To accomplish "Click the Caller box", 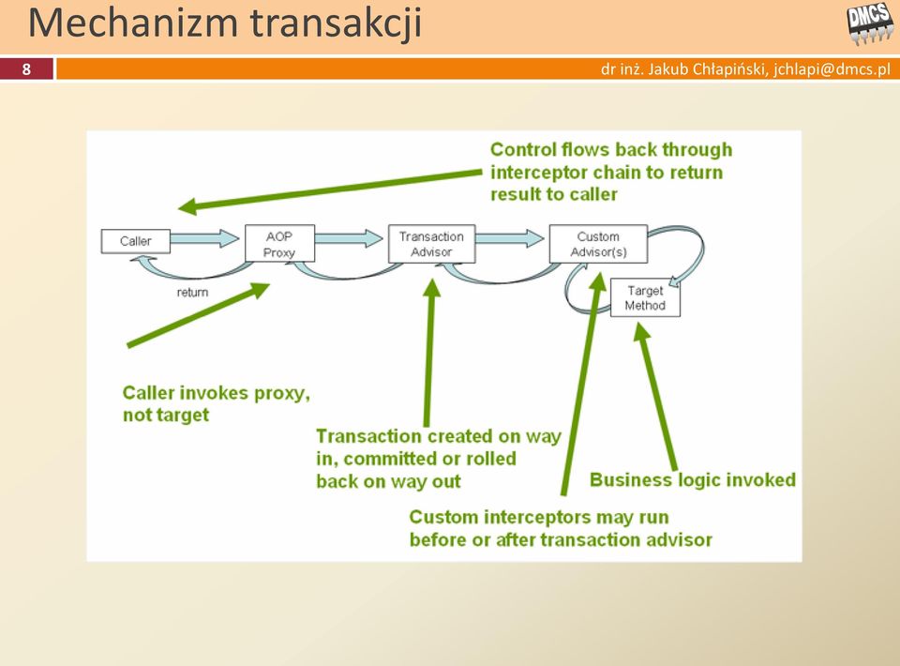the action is (135, 241).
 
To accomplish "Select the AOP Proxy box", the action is (279, 244).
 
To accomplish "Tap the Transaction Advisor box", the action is (431, 244).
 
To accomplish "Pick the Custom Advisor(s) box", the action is (598, 244).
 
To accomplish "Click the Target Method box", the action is (645, 298).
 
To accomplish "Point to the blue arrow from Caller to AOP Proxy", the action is (205, 237).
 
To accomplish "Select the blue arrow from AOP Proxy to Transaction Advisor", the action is (349, 237).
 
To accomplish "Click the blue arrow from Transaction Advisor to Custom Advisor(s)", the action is (510, 237).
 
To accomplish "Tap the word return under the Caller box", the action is (192, 293).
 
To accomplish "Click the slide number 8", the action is (26, 69).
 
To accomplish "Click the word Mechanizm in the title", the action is (133, 23).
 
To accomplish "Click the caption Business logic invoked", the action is (693, 480).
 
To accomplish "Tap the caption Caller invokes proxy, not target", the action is (217, 403).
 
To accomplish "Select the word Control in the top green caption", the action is (523, 149).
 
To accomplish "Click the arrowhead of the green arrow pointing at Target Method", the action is (642, 331).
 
